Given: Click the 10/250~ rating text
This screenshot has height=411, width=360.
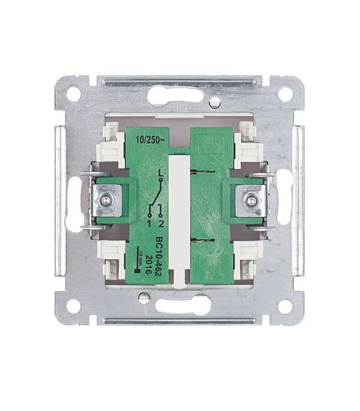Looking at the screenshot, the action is [x=150, y=140].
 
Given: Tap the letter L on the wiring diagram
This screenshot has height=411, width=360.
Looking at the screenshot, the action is [x=160, y=173].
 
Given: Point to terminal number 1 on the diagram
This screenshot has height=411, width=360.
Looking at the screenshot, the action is [x=149, y=223].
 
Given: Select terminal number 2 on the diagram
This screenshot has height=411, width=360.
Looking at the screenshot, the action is [x=161, y=223].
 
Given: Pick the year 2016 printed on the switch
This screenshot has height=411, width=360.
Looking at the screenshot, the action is [x=149, y=264].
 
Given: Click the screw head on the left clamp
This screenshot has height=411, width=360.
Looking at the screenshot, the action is [x=106, y=200].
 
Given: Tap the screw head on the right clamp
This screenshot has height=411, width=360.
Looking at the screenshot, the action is [x=251, y=201].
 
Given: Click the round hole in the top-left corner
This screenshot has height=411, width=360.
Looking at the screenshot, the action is [x=73, y=94].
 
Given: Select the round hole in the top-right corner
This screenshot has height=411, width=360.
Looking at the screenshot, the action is [x=285, y=94].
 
